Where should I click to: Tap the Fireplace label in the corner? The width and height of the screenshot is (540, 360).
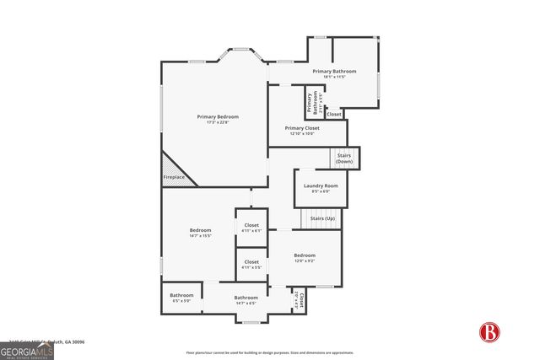click(x=173, y=177)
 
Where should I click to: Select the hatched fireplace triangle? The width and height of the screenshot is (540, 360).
click(x=175, y=166)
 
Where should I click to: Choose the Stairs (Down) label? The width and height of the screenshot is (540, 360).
click(x=343, y=158)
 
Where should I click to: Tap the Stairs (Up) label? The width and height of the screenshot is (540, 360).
click(x=322, y=218)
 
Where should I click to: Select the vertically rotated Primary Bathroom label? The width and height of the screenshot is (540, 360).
click(x=312, y=102)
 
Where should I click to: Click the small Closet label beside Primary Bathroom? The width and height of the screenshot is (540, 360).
click(x=333, y=114)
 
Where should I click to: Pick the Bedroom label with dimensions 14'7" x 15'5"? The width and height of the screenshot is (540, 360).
click(x=200, y=233)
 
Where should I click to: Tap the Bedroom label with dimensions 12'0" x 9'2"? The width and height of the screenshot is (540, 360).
click(x=304, y=258)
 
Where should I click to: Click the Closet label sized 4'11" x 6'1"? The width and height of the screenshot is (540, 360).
click(x=251, y=228)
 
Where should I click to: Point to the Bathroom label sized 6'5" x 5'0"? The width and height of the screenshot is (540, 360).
click(x=182, y=298)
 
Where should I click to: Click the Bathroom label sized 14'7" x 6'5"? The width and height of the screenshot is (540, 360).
click(x=246, y=299)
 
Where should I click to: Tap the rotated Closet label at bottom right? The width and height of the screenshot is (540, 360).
click(x=296, y=300)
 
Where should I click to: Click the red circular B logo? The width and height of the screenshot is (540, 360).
click(x=489, y=333)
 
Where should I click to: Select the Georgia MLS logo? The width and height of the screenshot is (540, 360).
click(x=27, y=349)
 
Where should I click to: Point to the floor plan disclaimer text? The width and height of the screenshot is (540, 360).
click(x=270, y=352)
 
